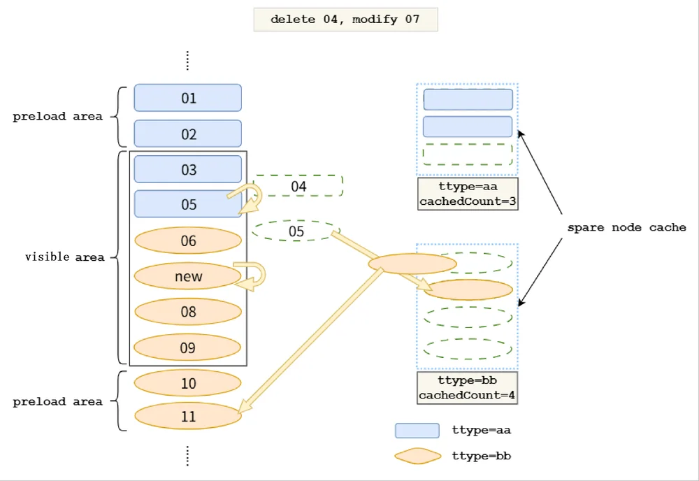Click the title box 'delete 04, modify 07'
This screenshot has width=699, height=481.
click(345, 20)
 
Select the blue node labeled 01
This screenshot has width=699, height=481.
click(187, 98)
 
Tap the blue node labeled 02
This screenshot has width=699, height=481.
click(187, 134)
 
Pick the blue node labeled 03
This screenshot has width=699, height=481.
click(187, 169)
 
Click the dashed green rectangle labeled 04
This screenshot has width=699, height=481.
click(298, 186)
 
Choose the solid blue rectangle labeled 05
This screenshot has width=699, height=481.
click(187, 203)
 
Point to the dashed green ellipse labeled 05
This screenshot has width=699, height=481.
click(296, 231)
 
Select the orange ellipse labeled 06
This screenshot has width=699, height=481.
click(187, 240)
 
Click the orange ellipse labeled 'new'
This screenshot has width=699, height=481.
click(187, 276)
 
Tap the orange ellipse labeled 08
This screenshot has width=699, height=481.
click(187, 311)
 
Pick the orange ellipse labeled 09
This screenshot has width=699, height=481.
click(187, 347)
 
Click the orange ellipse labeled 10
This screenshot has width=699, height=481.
click(187, 383)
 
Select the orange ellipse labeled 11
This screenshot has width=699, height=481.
click(187, 416)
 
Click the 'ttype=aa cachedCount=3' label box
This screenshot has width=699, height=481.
click(468, 194)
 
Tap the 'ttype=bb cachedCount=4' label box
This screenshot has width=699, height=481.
click(467, 388)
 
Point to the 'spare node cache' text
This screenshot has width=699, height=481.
click(626, 227)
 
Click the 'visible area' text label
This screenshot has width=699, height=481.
click(64, 257)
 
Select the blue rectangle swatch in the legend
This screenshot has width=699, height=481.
click(417, 431)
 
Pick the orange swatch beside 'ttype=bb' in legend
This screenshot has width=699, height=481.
click(418, 456)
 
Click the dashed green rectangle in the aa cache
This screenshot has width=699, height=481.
click(468, 155)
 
